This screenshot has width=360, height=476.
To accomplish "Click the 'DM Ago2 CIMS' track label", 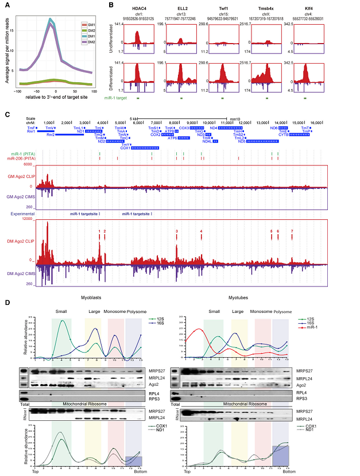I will (x=19, y=274).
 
